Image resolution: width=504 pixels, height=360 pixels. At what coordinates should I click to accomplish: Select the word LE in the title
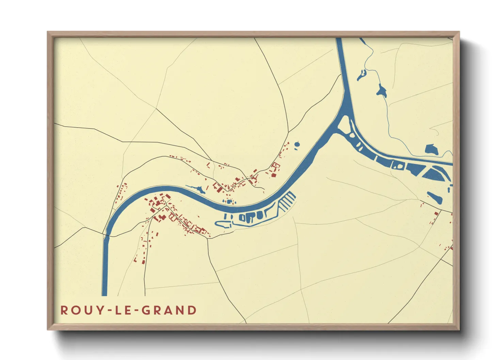123,310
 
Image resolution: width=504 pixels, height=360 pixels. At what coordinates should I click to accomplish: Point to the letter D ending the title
192,310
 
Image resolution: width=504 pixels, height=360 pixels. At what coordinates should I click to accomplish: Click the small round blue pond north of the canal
297,144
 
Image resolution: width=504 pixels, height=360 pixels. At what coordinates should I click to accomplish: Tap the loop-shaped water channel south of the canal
223,224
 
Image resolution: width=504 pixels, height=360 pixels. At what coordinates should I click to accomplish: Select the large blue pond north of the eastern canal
431,150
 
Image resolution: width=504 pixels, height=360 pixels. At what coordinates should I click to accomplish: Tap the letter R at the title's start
64,310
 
